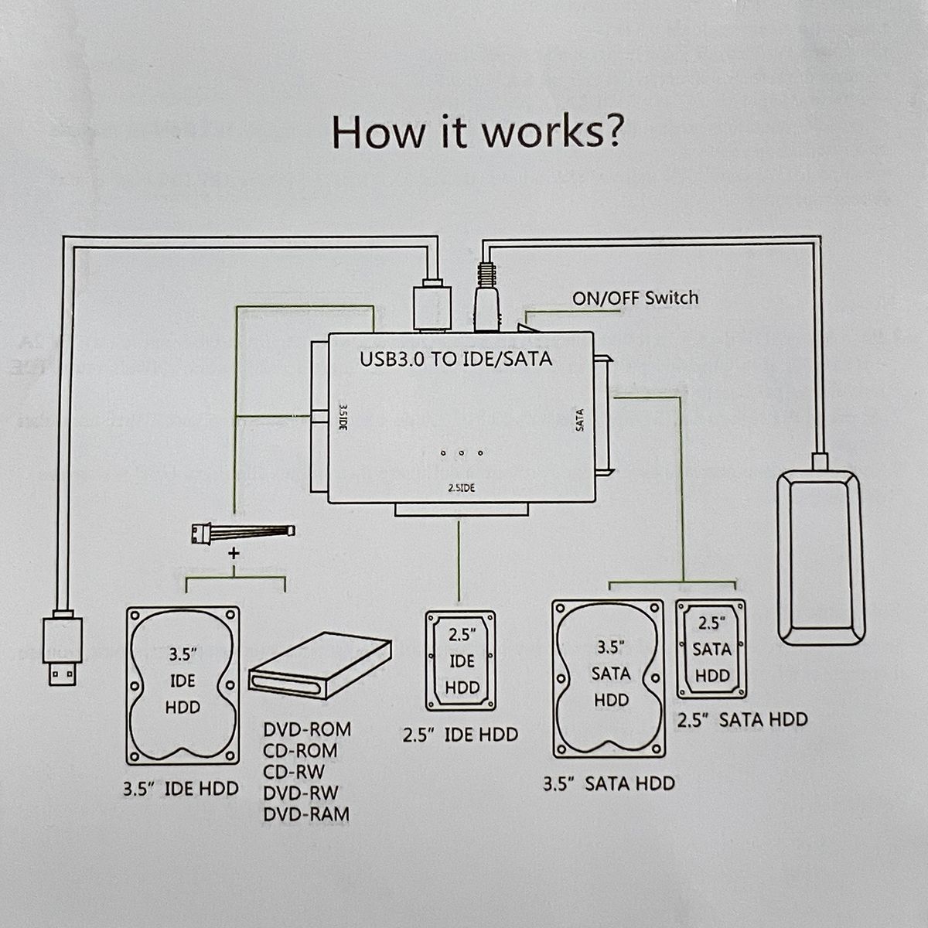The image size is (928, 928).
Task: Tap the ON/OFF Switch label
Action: pos(635,298)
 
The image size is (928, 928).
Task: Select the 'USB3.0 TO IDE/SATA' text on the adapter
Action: pos(456,360)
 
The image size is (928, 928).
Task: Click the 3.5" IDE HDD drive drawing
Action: pos(183,685)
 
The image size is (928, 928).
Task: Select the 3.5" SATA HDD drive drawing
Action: pos(609,675)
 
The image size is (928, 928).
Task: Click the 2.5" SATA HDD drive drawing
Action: pos(711,648)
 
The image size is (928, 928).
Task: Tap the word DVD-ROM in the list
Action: pos(307,729)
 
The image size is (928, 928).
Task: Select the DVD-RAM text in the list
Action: pos(306,814)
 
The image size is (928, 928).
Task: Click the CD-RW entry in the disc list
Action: pos(294,771)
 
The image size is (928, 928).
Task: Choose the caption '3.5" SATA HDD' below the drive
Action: pos(609,783)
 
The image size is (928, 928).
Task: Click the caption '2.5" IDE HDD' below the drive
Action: pos(460,735)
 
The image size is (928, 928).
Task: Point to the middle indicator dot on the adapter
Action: pos(461,453)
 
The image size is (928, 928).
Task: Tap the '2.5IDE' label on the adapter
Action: pos(461,489)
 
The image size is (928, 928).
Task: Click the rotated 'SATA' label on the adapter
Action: pos(580,420)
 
